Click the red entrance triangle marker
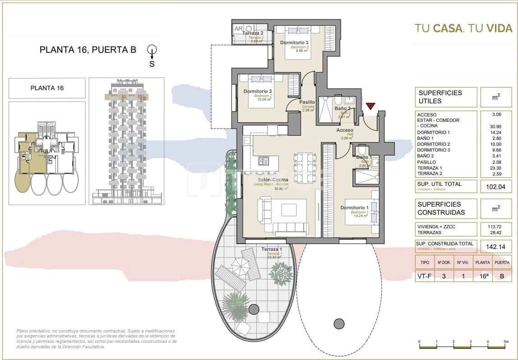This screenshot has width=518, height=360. [370, 106]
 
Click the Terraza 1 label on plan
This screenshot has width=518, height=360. [272, 249]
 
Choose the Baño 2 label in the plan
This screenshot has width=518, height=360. [342, 108]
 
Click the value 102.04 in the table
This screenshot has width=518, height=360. [495, 186]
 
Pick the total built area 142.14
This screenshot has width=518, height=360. [495, 246]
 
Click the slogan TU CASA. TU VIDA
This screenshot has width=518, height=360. [463, 28]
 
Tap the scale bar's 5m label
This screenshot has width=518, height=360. [506, 342]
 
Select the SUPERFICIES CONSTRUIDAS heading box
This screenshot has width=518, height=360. [445, 208]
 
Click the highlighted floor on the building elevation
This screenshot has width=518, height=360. [127, 96]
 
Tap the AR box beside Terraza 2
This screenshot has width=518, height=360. [238, 29]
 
